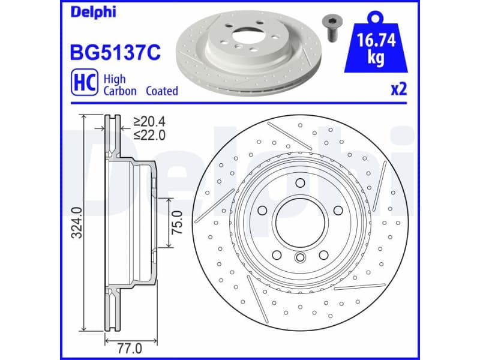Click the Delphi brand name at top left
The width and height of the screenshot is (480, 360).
tap(93, 12)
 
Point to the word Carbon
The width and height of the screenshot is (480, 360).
tap(120, 91)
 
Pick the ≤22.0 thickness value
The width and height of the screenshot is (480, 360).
tap(149, 135)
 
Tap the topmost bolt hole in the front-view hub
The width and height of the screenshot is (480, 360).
tap(300, 184)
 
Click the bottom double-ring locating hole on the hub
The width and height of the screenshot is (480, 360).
tap(300, 259)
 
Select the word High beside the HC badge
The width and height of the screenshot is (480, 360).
tap(114, 78)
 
